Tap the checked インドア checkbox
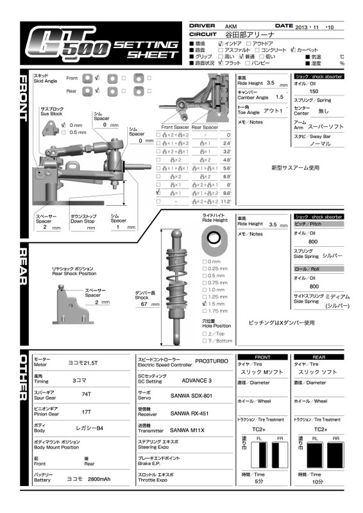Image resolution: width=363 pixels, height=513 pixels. pyautogui.click(x=221, y=42)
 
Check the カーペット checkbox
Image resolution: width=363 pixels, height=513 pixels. pyautogui.click(x=293, y=49)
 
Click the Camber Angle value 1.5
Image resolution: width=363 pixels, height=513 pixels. pyautogui.click(x=279, y=97)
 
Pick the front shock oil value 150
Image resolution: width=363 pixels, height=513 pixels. pyautogui.click(x=314, y=92)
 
